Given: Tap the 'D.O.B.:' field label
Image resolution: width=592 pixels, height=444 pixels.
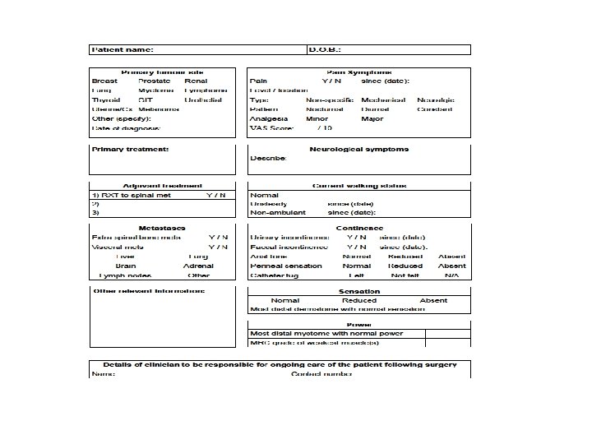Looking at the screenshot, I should click(324, 49).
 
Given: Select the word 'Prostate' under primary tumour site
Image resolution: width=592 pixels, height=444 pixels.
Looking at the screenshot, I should click(155, 81).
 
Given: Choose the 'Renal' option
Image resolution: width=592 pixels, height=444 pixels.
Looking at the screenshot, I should click(197, 81).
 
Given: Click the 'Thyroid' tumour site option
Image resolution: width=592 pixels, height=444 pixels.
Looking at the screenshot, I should click(106, 99).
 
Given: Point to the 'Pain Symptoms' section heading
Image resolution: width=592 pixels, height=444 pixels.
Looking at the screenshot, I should click(359, 72).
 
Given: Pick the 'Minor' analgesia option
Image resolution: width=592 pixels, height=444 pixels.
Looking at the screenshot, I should click(317, 118).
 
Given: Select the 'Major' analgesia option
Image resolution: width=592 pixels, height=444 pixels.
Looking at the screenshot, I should click(372, 118).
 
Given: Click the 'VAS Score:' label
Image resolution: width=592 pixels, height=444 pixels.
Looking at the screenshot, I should click(269, 127).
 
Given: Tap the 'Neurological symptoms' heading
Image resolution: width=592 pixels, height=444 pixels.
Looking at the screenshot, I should click(359, 149).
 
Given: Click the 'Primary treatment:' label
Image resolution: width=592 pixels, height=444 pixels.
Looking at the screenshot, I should click(131, 149).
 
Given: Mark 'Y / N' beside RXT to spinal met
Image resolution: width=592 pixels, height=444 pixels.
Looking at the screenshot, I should click(216, 195).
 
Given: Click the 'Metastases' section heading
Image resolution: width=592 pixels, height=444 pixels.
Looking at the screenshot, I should click(162, 228).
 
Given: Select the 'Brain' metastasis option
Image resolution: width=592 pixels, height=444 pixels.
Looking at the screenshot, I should click(126, 266).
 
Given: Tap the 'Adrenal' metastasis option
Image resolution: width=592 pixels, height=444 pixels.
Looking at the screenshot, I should click(199, 266).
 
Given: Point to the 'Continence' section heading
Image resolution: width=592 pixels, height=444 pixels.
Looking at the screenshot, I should click(359, 228).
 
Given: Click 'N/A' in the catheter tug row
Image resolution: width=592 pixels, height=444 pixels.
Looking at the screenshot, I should click(451, 275).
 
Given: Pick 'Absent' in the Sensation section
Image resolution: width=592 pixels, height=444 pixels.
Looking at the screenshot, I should click(433, 300).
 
